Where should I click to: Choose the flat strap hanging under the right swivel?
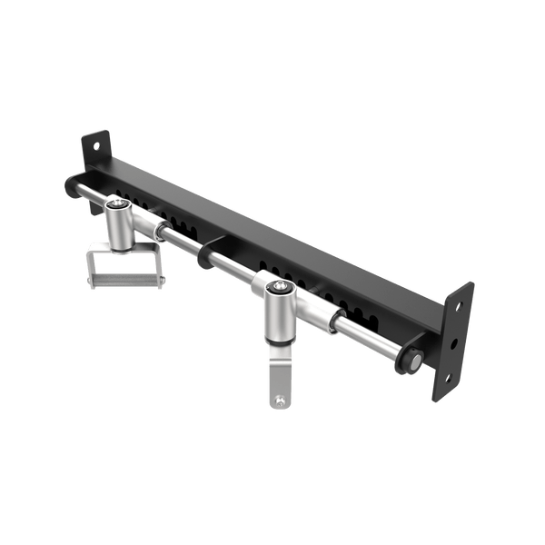(281, 381)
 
